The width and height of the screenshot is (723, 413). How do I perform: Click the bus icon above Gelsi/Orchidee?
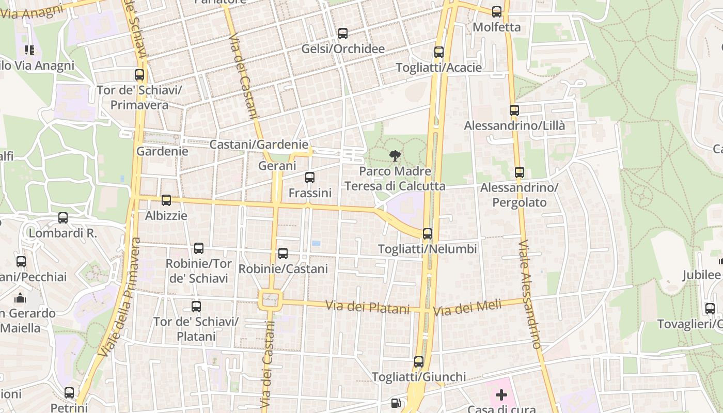click(x=342, y=34)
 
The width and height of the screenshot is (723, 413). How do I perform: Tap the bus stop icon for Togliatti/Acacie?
click(x=438, y=52)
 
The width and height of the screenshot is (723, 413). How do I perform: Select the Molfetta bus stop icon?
click(x=496, y=12)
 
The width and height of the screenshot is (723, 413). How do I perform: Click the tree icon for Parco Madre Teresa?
click(x=395, y=155)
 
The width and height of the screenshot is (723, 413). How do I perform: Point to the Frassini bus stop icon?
click(x=309, y=178)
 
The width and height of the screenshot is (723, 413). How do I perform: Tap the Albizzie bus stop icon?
click(x=166, y=200)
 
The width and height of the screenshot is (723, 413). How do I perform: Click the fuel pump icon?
click(x=396, y=403)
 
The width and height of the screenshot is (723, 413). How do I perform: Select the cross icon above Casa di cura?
click(x=501, y=395)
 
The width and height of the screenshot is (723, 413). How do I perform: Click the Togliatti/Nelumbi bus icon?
click(x=427, y=234)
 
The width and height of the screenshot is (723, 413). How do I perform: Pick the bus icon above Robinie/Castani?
click(x=282, y=253)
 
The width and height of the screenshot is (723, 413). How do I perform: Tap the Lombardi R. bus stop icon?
click(x=62, y=218)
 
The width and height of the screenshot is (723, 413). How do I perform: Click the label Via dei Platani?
click(x=367, y=307)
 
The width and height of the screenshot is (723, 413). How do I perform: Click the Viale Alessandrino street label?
click(x=530, y=294)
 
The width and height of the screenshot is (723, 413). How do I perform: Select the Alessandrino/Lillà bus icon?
click(x=514, y=110)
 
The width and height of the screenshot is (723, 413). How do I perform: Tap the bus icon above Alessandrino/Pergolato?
click(x=519, y=172)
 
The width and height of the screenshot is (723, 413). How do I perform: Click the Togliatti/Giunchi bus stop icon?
click(x=418, y=362)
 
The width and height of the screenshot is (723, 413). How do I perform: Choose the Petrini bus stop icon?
click(x=69, y=393)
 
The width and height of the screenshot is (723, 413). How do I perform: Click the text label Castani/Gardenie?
click(x=258, y=145)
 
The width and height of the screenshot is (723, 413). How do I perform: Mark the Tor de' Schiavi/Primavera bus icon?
click(x=139, y=75)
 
